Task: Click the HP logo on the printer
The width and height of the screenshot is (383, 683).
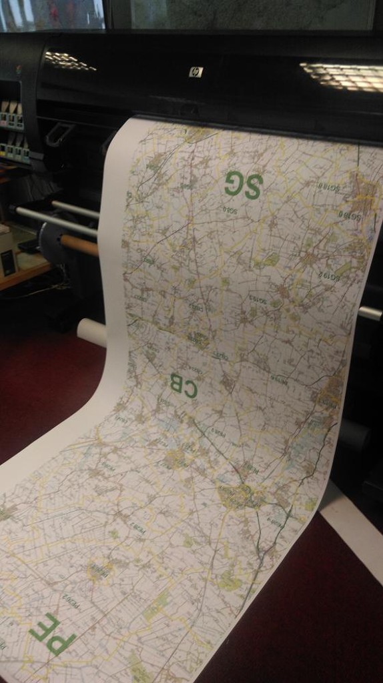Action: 196,72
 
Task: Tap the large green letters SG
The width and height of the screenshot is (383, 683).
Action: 243,184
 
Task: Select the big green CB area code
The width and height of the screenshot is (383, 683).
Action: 182,385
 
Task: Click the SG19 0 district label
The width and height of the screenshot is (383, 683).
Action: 349,215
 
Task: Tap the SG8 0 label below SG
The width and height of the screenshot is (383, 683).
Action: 230,211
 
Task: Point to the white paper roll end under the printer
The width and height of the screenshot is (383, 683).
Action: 92,331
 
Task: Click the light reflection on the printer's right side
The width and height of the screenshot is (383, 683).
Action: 341,76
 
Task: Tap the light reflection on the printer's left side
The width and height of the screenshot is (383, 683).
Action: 69,61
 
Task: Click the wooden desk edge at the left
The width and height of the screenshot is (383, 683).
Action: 24,274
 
